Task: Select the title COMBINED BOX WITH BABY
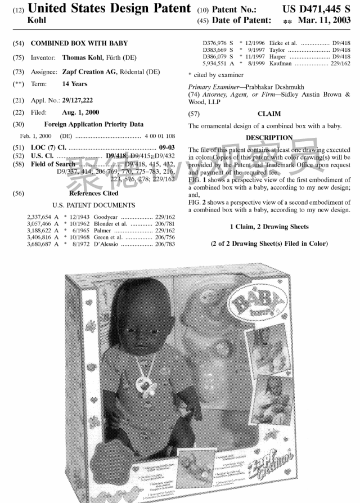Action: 79,43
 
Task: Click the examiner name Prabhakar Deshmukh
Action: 275,87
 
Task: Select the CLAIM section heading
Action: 269,114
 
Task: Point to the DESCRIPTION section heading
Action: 269,137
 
